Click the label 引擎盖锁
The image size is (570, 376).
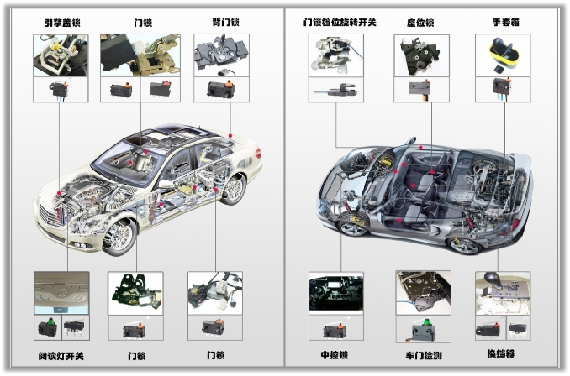tap(62, 23)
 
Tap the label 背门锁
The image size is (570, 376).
tap(226, 23)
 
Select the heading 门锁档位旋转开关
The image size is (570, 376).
tap(340, 23)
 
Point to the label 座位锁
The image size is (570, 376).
tap(420, 23)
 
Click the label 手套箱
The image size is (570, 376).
tap(505, 23)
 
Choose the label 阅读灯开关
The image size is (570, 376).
tap(61, 356)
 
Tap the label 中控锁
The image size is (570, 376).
tap(335, 354)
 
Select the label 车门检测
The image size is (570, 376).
tap(424, 355)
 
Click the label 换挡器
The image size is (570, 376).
tap(501, 353)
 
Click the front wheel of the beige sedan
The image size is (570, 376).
tap(119, 237)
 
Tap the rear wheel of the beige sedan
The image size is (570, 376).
tap(233, 189)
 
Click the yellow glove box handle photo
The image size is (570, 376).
tap(503, 55)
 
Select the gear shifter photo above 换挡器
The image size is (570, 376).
tap(503, 293)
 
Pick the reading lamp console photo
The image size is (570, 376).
tap(61, 293)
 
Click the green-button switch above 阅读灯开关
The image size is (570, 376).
tap(48, 327)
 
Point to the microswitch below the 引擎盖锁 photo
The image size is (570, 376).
tap(59, 89)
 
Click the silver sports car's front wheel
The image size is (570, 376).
tap(352, 226)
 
